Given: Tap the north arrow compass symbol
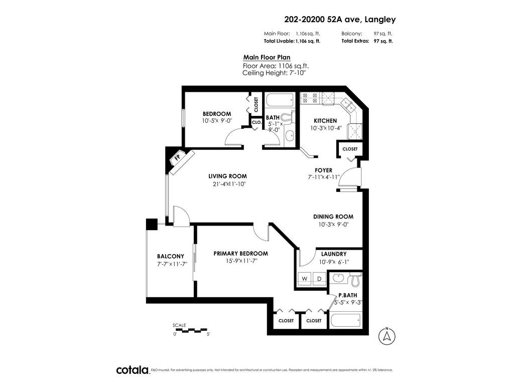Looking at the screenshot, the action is (387, 335).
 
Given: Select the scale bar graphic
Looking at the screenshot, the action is (190, 330).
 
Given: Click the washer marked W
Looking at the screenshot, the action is (305, 279).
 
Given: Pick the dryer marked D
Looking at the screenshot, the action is (320, 279).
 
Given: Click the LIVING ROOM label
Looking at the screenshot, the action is (227, 176).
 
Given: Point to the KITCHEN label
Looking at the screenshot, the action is (325, 120).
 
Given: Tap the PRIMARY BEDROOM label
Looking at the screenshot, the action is (240, 253).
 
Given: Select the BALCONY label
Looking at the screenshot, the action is (171, 256).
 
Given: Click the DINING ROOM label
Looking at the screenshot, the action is (333, 217).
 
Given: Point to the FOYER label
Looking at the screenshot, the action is (323, 170).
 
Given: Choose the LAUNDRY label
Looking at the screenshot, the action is (334, 254).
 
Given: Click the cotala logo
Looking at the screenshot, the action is (133, 370).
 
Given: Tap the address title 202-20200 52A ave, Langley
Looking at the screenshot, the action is (340, 20).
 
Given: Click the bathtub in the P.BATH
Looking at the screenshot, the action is (345, 320).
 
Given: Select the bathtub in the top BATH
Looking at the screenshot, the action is (280, 100).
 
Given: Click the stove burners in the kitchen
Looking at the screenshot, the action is (310, 98).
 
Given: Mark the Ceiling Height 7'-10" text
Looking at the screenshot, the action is (274, 73).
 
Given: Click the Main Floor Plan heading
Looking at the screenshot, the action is (267, 57).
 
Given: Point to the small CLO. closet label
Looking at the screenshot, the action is (256, 122).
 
